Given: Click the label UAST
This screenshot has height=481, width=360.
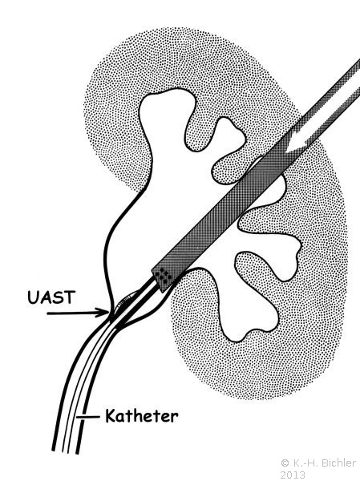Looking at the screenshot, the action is click(51, 297).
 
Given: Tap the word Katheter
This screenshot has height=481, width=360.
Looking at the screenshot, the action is click(141, 416).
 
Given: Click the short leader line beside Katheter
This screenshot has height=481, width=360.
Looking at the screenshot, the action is click(87, 417).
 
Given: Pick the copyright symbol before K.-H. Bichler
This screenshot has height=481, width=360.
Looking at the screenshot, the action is click(285, 463).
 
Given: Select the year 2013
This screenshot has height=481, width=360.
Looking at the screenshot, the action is click(293, 475).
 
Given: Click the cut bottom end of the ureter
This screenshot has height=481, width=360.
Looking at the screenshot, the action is click(66, 452).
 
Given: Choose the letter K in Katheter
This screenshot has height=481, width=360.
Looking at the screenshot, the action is click(111, 416).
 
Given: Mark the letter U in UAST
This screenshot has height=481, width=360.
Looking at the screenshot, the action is click(33, 297).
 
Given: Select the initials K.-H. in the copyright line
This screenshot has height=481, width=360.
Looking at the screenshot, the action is click(301, 463).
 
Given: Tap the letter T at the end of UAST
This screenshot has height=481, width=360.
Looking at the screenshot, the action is click(70, 297).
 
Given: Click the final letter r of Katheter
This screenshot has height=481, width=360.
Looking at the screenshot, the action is click(175, 418).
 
